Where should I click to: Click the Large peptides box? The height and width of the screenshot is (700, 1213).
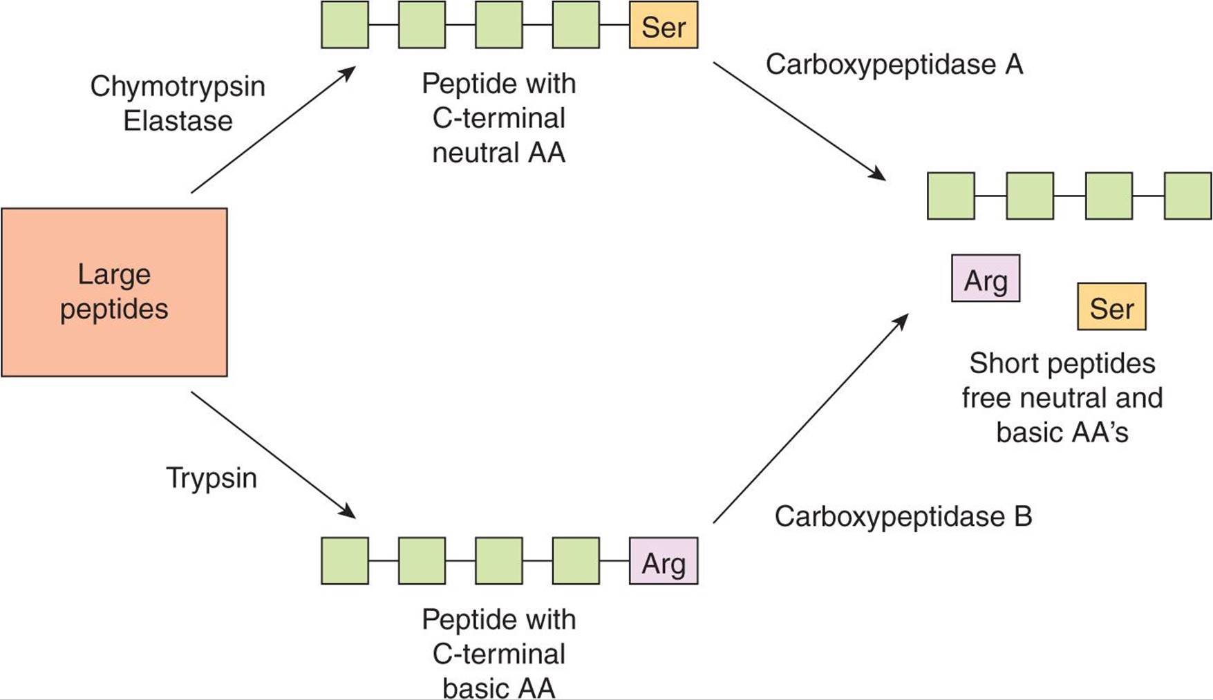[x=114, y=292]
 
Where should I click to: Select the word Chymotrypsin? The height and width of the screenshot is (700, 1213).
[x=178, y=86]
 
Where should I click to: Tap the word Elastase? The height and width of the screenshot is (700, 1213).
[x=178, y=121]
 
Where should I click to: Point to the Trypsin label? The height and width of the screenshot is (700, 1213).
[x=211, y=478]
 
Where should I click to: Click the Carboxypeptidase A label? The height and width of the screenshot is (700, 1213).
[x=894, y=65]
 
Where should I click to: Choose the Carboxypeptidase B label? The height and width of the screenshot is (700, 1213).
[x=903, y=517]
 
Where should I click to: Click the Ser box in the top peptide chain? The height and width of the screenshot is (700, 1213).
[x=664, y=26]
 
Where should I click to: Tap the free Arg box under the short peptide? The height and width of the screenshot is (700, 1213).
[x=986, y=278]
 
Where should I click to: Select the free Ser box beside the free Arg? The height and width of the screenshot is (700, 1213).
[x=1111, y=307]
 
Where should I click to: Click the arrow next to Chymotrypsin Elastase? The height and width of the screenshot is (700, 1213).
[x=273, y=129]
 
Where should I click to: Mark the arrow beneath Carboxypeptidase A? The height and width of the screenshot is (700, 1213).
[x=799, y=122]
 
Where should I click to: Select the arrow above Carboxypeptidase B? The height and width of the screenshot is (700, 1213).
[x=810, y=419]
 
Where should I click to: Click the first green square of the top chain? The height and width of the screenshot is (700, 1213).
[x=345, y=26]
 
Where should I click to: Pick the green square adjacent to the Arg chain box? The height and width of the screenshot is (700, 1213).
[x=576, y=561]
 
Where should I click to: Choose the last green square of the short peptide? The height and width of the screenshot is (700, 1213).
[x=1187, y=196]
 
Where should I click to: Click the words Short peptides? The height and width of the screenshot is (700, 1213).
[x=1062, y=363]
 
